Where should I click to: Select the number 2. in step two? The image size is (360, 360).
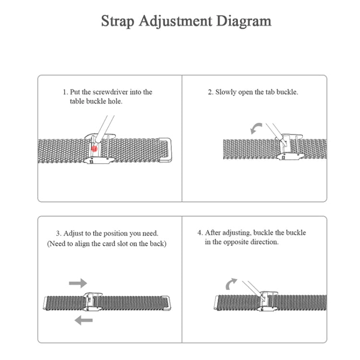click(210, 92)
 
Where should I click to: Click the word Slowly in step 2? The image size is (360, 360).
click(226, 92)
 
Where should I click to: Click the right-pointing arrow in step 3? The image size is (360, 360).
click(78, 283)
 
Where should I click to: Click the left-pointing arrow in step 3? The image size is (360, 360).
click(84, 320)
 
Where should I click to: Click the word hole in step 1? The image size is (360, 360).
click(116, 101)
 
